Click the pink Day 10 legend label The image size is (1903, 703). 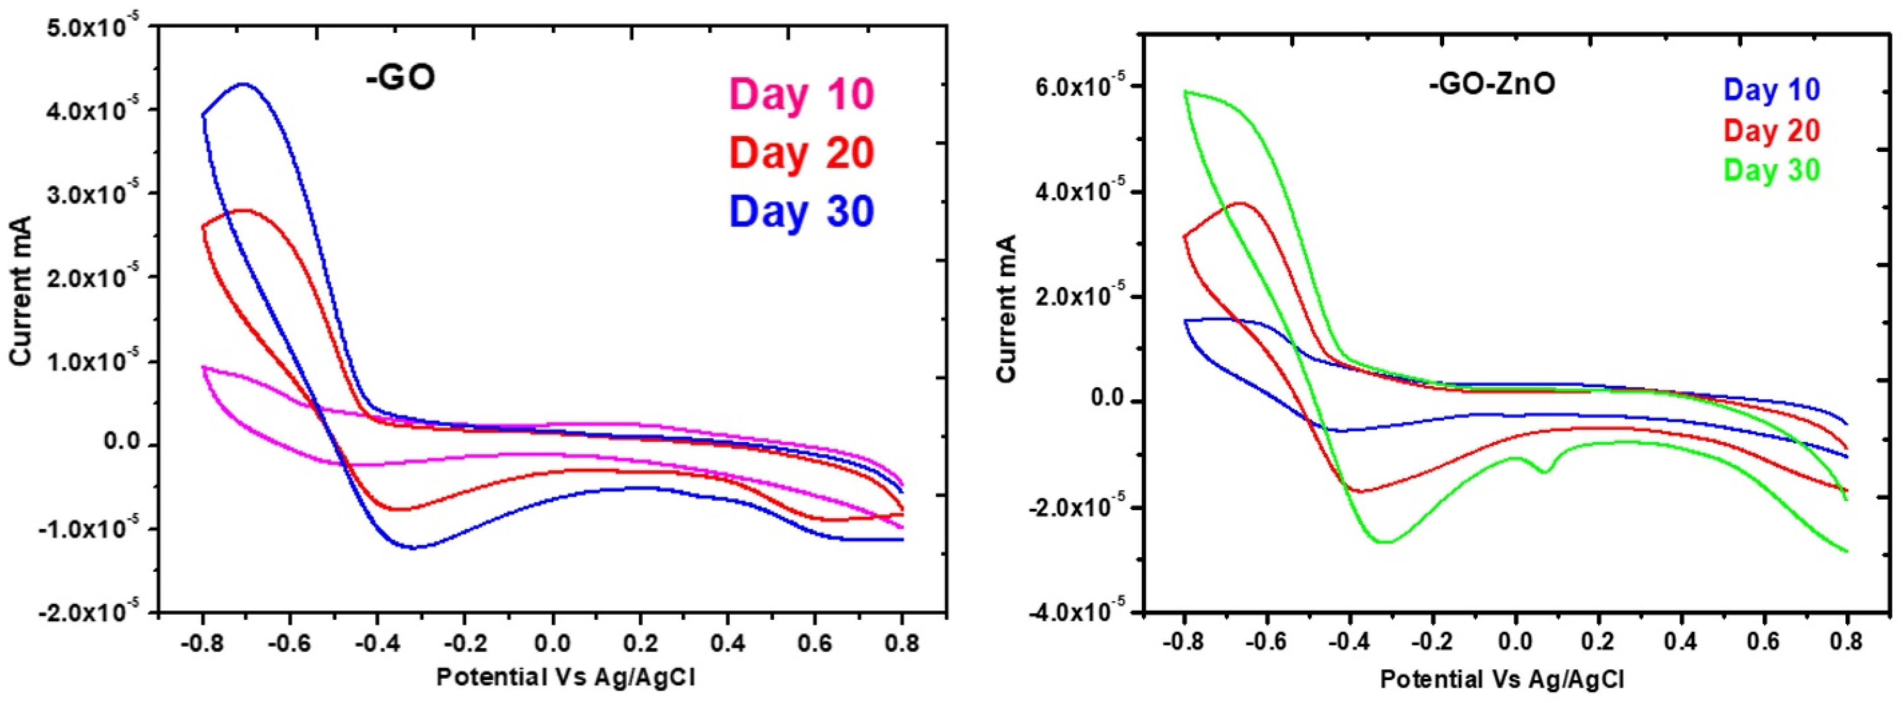(802, 95)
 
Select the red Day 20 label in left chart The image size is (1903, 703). (802, 153)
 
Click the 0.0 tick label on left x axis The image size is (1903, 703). (553, 643)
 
